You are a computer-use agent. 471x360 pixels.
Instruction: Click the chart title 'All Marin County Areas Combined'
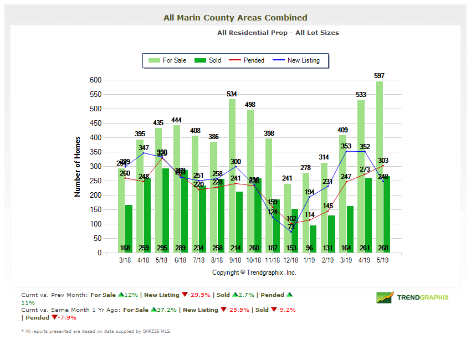tap(235, 18)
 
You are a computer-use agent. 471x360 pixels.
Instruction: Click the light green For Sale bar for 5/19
tap(380, 166)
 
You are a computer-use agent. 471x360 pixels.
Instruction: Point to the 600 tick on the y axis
tap(95, 80)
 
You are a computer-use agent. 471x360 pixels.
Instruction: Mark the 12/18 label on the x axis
tap(291, 259)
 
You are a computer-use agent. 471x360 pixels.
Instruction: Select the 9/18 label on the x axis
tap(235, 259)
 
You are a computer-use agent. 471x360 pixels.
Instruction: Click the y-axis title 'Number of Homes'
tap(78, 166)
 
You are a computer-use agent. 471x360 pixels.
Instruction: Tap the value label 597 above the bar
tap(379, 75)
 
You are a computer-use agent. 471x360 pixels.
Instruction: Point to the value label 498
tap(250, 104)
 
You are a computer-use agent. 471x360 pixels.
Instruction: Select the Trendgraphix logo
tap(413, 297)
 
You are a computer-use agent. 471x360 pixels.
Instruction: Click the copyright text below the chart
tap(254, 272)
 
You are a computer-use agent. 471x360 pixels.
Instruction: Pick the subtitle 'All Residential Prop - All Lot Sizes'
tap(278, 33)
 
